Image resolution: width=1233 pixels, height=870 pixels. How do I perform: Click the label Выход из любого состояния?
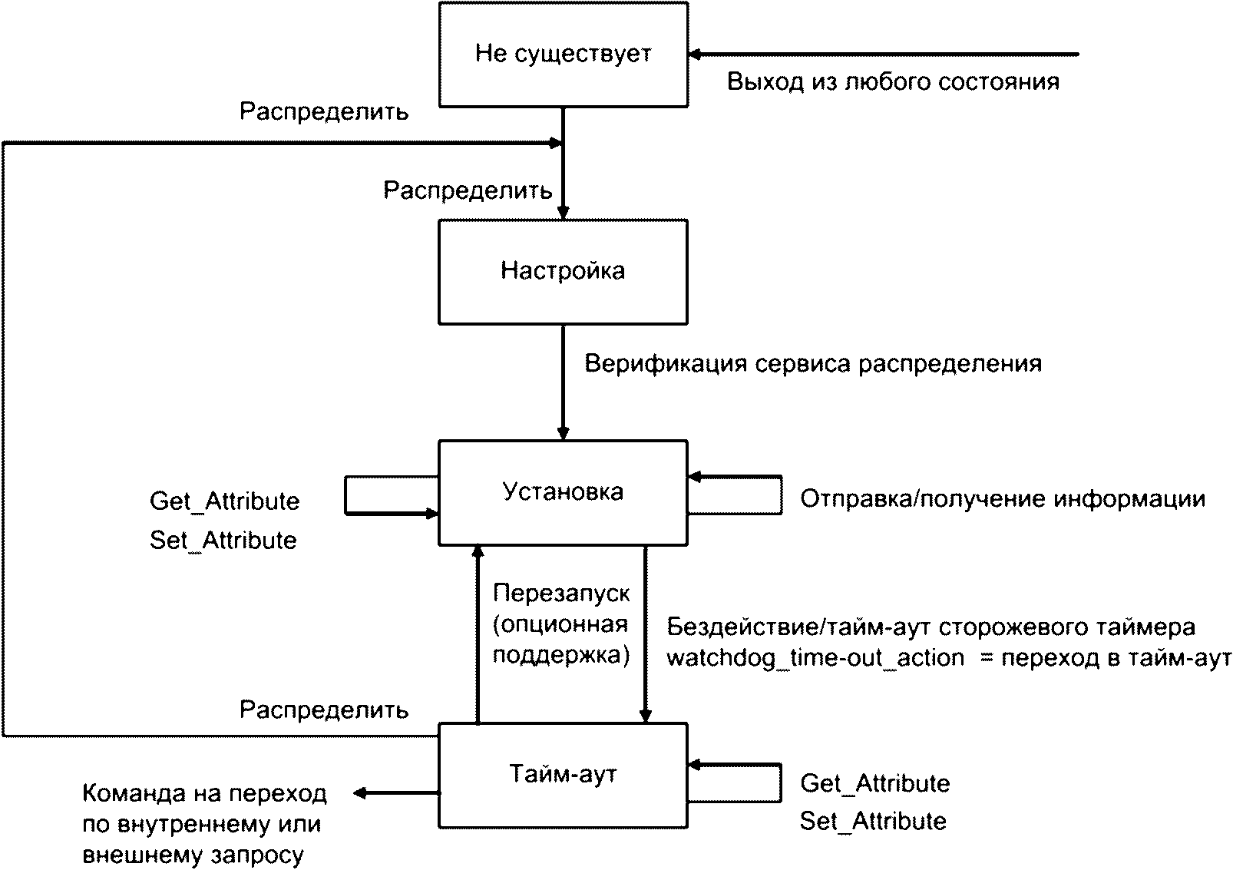point(893,82)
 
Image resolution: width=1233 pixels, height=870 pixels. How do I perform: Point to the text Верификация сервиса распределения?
point(813,364)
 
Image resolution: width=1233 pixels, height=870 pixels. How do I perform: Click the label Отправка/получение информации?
point(1003,499)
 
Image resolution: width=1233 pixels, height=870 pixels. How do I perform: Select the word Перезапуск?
point(561,594)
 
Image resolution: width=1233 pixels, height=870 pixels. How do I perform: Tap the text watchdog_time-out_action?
point(815,659)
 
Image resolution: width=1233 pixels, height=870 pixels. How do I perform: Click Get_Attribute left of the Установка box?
point(225,501)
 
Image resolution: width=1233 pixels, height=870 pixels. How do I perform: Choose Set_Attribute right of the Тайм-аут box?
point(873,821)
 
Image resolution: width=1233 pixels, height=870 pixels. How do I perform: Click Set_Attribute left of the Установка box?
point(223,541)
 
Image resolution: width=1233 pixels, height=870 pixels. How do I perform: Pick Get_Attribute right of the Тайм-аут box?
point(875,783)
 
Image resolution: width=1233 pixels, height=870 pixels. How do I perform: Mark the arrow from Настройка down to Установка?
point(563,382)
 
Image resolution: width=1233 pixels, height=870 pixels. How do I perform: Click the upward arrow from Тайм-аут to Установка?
point(478,634)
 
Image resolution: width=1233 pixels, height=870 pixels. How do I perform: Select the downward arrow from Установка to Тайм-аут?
point(645,634)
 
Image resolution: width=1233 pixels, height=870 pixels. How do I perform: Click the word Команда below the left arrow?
point(134,793)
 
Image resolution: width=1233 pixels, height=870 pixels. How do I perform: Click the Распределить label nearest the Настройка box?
point(468,190)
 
